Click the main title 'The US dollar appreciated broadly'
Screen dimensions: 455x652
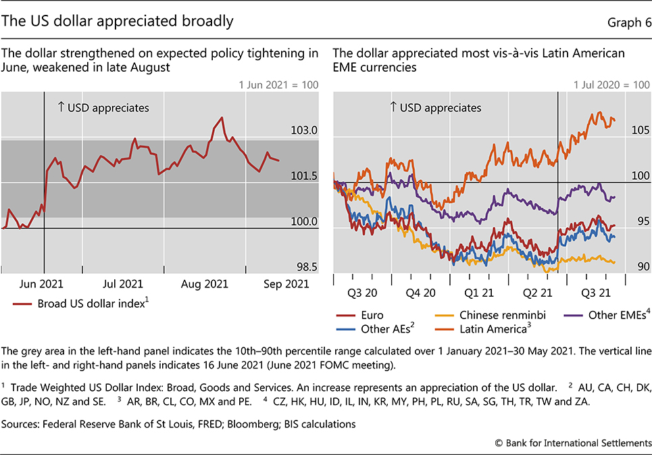(x=118, y=21)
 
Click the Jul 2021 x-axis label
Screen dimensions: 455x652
(x=122, y=284)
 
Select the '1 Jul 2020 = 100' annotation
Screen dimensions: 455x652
(x=611, y=85)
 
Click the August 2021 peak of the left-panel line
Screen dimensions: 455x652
(x=222, y=118)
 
